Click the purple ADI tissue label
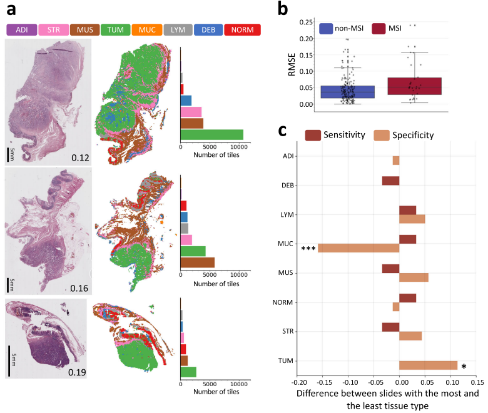pos(21,29)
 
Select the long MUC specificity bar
pos(358,248)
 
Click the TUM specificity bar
pos(429,366)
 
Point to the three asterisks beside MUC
pos(308,249)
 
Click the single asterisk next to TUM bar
pos(464,367)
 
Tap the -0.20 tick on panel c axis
pos(299,382)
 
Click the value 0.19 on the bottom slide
pos(77,372)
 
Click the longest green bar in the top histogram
pos(211,134)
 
